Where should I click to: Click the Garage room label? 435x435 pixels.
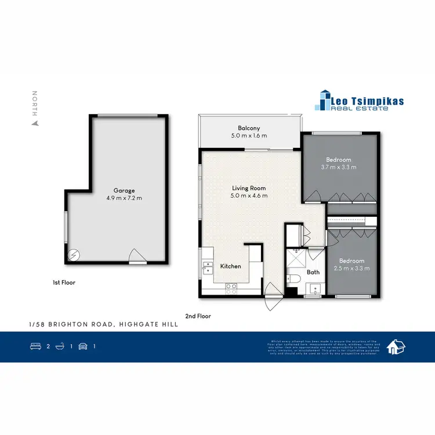(x=124, y=190)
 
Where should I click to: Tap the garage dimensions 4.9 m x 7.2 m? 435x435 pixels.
(x=124, y=198)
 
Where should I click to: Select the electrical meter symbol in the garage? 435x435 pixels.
(x=74, y=254)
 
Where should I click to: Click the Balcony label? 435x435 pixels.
(x=249, y=128)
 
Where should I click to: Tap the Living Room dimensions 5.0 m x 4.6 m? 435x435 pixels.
(x=249, y=196)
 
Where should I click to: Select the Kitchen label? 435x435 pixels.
(x=230, y=266)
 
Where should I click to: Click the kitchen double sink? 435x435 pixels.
(x=207, y=267)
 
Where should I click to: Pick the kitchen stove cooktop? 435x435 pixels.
(x=230, y=285)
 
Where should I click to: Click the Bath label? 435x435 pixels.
(x=313, y=272)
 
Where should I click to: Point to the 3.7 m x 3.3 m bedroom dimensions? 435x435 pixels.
(x=339, y=168)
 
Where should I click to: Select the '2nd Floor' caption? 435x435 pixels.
(x=198, y=317)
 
